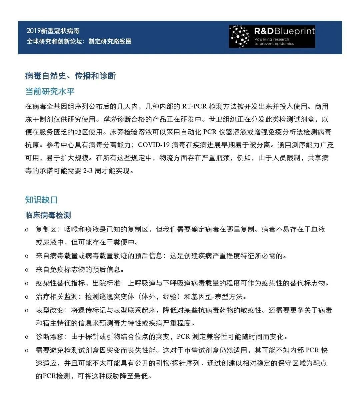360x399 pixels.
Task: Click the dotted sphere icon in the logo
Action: [x=240, y=36]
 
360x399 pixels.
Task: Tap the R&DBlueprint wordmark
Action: [x=284, y=31]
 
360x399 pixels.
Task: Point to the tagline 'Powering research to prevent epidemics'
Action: [x=274, y=41]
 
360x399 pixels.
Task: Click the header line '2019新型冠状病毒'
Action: [x=53, y=31]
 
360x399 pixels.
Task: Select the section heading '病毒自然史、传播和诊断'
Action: [x=70, y=76]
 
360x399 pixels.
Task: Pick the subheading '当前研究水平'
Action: [x=50, y=91]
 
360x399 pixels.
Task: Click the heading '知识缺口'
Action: [x=42, y=199]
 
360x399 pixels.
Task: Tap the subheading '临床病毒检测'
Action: [x=48, y=215]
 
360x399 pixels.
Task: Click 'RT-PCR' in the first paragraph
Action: [x=194, y=107]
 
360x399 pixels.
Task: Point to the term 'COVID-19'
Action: [x=154, y=145]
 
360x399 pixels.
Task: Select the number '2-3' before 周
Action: [x=88, y=171]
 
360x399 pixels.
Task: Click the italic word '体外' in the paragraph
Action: [x=110, y=119]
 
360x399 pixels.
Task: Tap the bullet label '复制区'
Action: [x=46, y=230]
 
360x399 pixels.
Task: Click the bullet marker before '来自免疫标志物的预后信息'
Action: [x=27, y=270]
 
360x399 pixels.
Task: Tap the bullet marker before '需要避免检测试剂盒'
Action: [x=27, y=350]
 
